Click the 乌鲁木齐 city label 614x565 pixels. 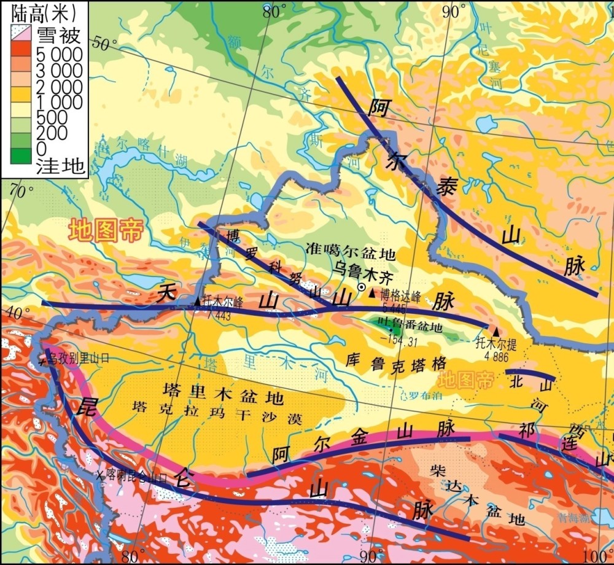(357, 268)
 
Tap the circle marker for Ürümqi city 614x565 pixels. (362, 287)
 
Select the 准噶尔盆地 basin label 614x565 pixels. (351, 253)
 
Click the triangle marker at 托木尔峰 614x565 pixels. (197, 302)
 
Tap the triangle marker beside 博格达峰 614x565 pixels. (371, 294)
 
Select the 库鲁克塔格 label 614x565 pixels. (396, 364)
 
